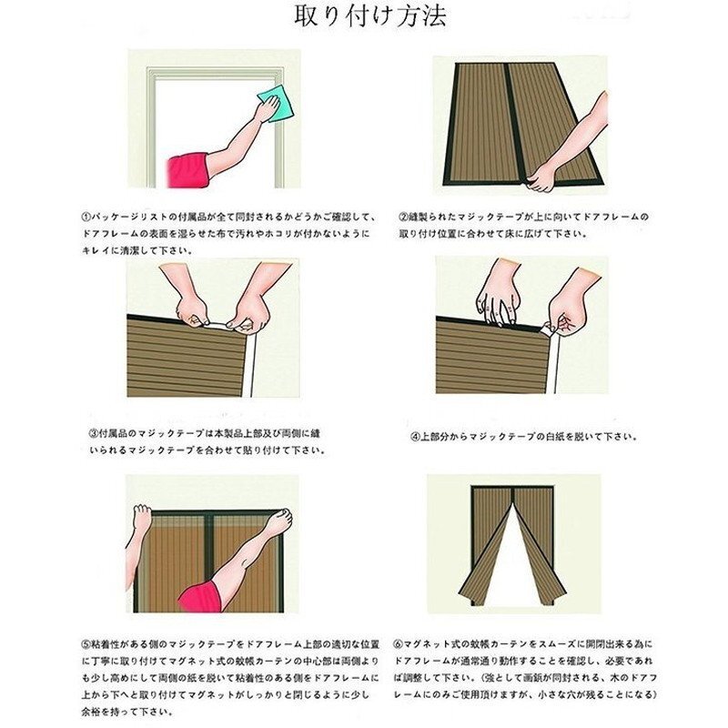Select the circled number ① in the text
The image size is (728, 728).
87,217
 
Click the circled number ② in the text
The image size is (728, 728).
404,217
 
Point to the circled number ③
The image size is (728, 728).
93,434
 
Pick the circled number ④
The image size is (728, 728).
414,436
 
